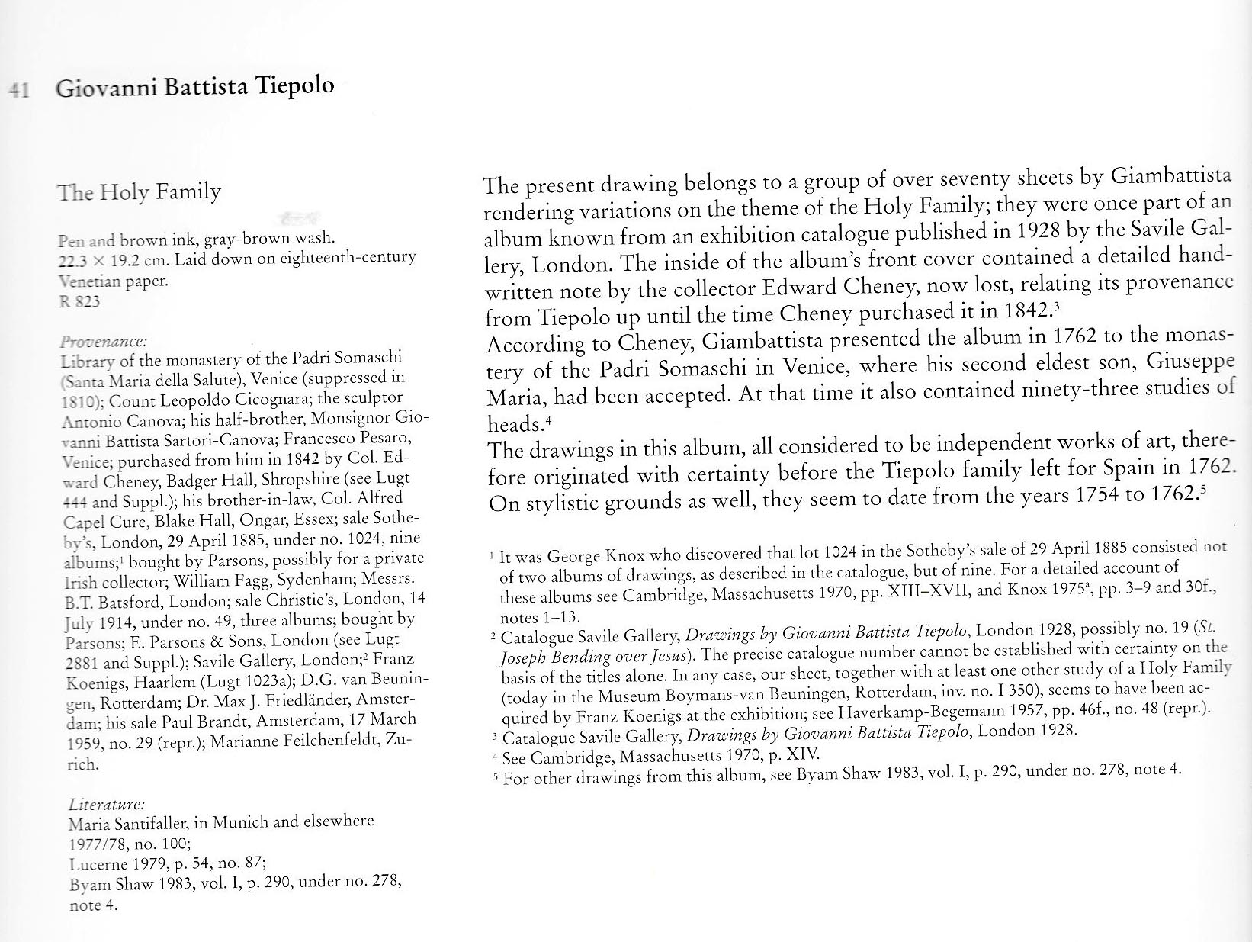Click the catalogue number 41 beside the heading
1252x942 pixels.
click(18, 89)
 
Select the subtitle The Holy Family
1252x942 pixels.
click(139, 191)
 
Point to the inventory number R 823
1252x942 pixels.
click(79, 301)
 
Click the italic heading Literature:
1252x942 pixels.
click(107, 804)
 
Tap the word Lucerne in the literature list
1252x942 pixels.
click(96, 865)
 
